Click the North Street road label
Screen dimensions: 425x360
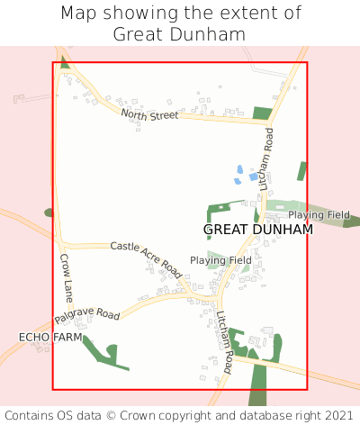tap(149, 114)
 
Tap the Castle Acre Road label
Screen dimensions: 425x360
tap(146, 258)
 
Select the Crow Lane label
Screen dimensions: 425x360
tap(67, 277)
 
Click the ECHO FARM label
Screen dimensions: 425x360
tap(50, 337)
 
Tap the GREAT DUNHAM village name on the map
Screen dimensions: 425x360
tap(258, 230)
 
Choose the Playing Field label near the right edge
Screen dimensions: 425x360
tap(319, 215)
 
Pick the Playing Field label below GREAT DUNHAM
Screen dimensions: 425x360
tap(220, 260)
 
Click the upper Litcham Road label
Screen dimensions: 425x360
tap(267, 158)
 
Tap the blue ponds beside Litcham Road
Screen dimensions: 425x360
tap(240, 174)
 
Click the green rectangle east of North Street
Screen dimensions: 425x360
tap(262, 113)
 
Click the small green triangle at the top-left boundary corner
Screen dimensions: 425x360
tap(64, 65)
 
